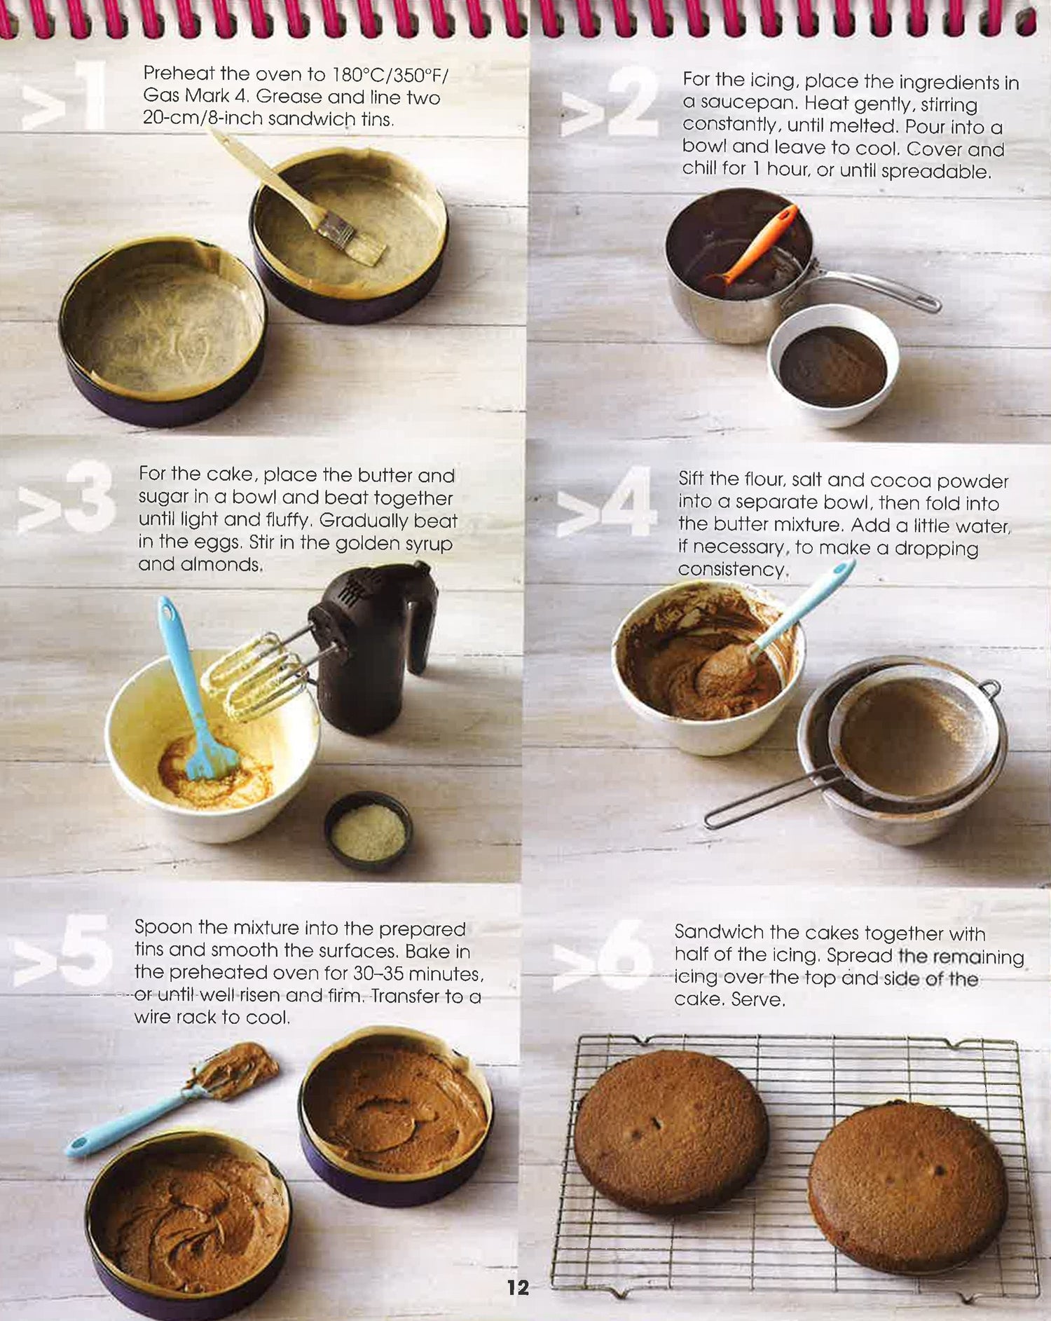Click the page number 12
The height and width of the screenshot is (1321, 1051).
[518, 1287]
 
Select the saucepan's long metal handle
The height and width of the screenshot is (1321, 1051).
[876, 287]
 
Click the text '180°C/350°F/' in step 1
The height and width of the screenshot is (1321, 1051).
[390, 74]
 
